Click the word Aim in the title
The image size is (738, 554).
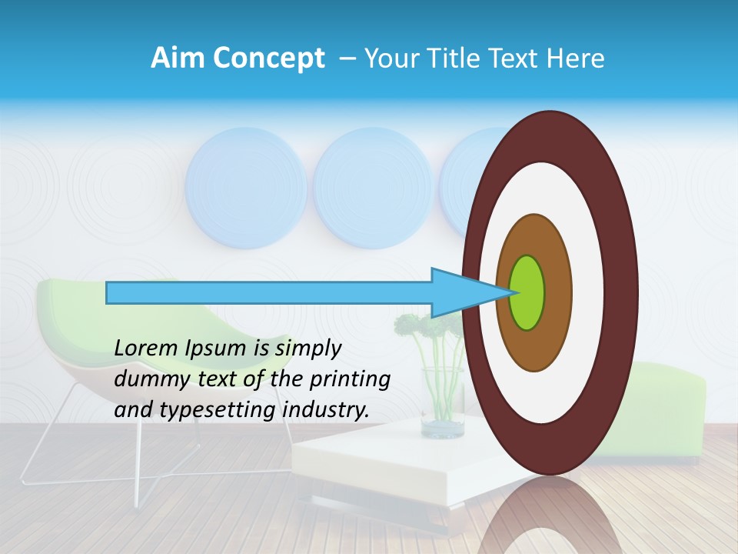(178, 58)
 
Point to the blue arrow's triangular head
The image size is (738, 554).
(461, 292)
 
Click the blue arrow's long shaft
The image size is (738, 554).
(269, 292)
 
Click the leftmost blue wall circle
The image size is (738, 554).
(246, 187)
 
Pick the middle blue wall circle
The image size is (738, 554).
(373, 187)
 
